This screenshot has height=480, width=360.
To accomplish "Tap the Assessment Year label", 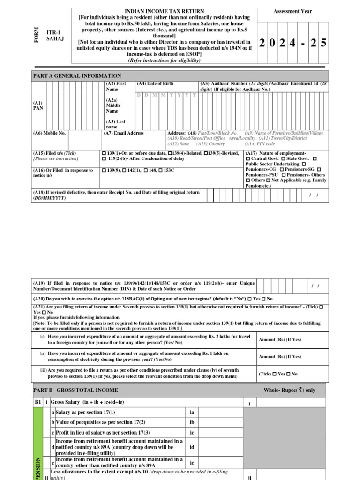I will coord(292,12).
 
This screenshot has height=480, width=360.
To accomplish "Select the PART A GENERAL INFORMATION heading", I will coord(77,75).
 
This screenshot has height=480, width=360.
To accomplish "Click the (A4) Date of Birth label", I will coord(155,84).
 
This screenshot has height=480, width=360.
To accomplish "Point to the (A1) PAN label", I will coord(37,105).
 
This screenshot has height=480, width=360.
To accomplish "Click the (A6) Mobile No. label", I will coord(49,133).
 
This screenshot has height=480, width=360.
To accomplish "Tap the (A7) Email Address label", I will coord(124,133).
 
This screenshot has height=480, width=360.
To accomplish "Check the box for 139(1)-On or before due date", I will coord(104,153).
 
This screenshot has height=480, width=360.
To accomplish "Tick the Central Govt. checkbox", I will coord(248,159).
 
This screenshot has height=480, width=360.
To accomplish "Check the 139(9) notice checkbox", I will coord(104,170).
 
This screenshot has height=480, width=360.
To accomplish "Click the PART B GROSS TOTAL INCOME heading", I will coord(75,390).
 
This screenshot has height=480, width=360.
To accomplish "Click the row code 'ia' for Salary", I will coord(191,412).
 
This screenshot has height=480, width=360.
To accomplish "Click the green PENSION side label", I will coord(38,469).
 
